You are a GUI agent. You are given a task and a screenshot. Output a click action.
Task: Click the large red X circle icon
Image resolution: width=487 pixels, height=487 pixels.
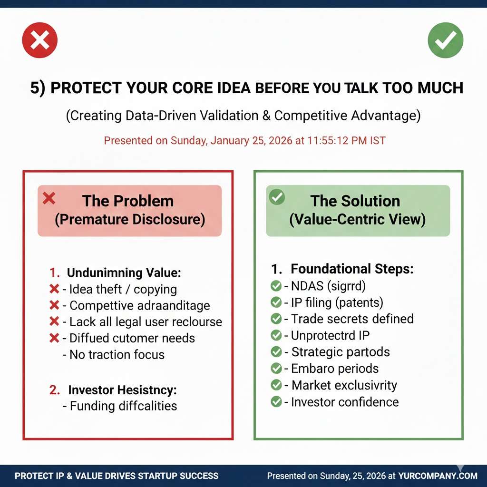click(x=40, y=40)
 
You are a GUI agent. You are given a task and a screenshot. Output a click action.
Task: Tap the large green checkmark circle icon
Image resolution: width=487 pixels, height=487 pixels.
click(x=445, y=40)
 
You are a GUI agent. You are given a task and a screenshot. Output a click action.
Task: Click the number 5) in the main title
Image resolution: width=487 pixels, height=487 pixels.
click(x=38, y=88)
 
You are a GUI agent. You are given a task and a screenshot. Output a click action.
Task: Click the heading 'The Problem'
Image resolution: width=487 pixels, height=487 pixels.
click(x=128, y=201)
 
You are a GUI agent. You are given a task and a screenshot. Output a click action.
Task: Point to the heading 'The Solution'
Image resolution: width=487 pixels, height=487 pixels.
click(x=355, y=201)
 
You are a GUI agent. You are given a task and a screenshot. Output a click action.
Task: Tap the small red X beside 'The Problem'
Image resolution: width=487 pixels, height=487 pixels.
click(x=49, y=198)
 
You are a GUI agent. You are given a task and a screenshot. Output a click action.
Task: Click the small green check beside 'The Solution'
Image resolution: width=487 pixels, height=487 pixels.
click(x=277, y=196)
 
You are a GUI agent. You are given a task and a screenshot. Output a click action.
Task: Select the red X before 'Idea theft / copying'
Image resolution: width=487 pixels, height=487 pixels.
click(x=54, y=289)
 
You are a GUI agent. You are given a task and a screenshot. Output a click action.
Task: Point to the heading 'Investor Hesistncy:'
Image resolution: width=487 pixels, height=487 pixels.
click(x=122, y=390)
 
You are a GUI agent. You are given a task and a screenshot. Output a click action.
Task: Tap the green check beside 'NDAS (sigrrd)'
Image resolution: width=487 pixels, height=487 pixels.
click(x=276, y=286)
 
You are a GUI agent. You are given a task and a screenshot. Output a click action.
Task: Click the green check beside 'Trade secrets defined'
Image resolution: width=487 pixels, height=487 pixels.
click(x=276, y=319)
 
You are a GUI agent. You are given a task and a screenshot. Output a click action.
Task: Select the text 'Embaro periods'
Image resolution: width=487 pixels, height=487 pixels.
click(x=335, y=369)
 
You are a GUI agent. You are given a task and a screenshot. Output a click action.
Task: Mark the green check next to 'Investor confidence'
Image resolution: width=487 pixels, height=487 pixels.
click(x=276, y=401)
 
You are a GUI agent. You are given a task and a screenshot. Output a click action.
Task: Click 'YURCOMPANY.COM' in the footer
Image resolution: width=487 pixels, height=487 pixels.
click(x=438, y=476)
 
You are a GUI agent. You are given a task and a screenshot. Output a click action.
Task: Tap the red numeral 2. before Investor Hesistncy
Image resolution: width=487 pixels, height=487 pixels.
click(x=54, y=390)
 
